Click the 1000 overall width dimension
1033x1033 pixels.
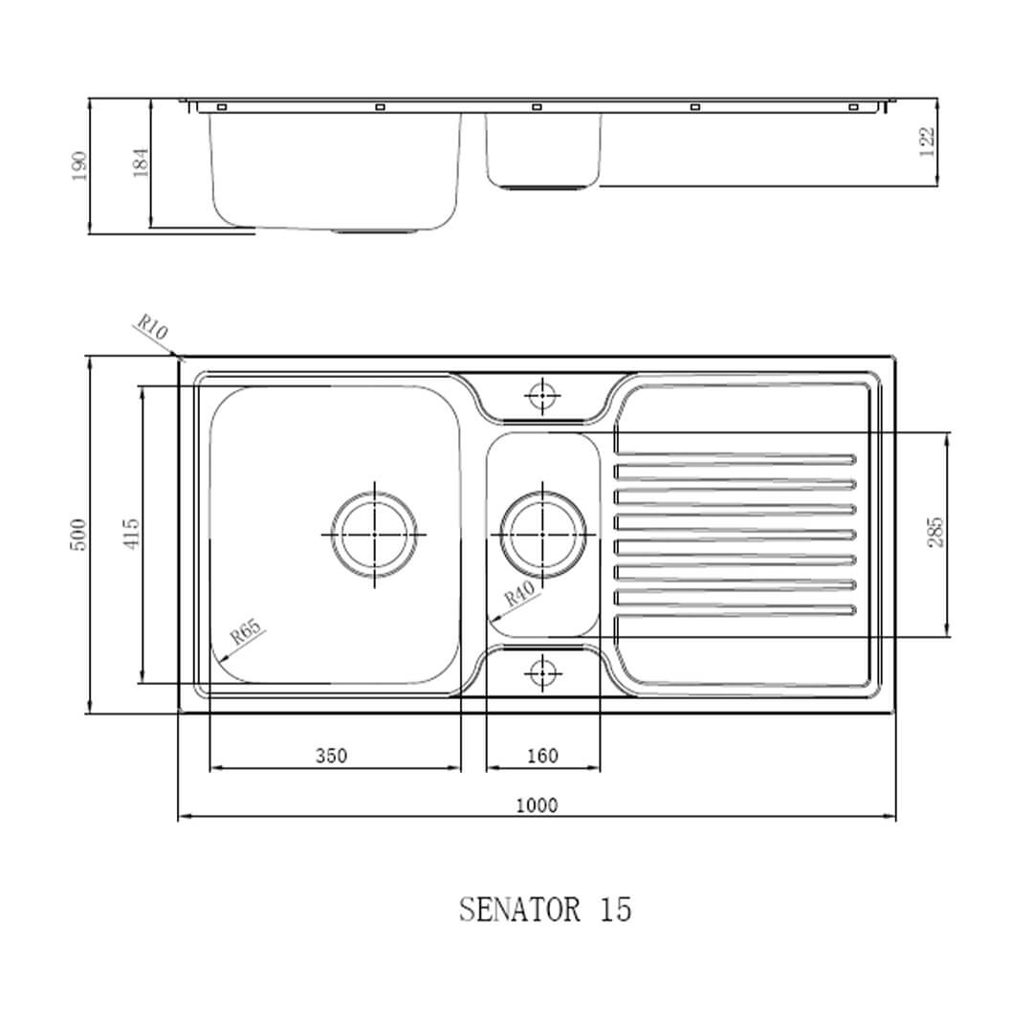tap(536, 805)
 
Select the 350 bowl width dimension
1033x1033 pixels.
tap(331, 756)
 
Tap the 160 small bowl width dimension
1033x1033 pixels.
tap(542, 756)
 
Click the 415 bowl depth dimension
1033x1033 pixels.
tap(131, 534)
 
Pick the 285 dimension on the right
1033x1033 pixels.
tap(935, 532)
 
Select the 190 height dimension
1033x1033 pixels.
tap(79, 165)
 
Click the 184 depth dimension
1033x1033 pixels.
tap(141, 163)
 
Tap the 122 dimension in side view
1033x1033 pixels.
tap(926, 142)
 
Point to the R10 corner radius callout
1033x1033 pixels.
tap(151, 328)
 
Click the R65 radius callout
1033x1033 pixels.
tap(245, 632)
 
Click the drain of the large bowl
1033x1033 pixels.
tap(374, 534)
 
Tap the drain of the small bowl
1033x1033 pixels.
tap(543, 534)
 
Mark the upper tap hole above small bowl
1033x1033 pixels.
tap(542, 393)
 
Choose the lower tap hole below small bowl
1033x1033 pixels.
tap(542, 672)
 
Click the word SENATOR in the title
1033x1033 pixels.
tap(519, 909)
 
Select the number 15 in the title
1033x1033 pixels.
tap(616, 909)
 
